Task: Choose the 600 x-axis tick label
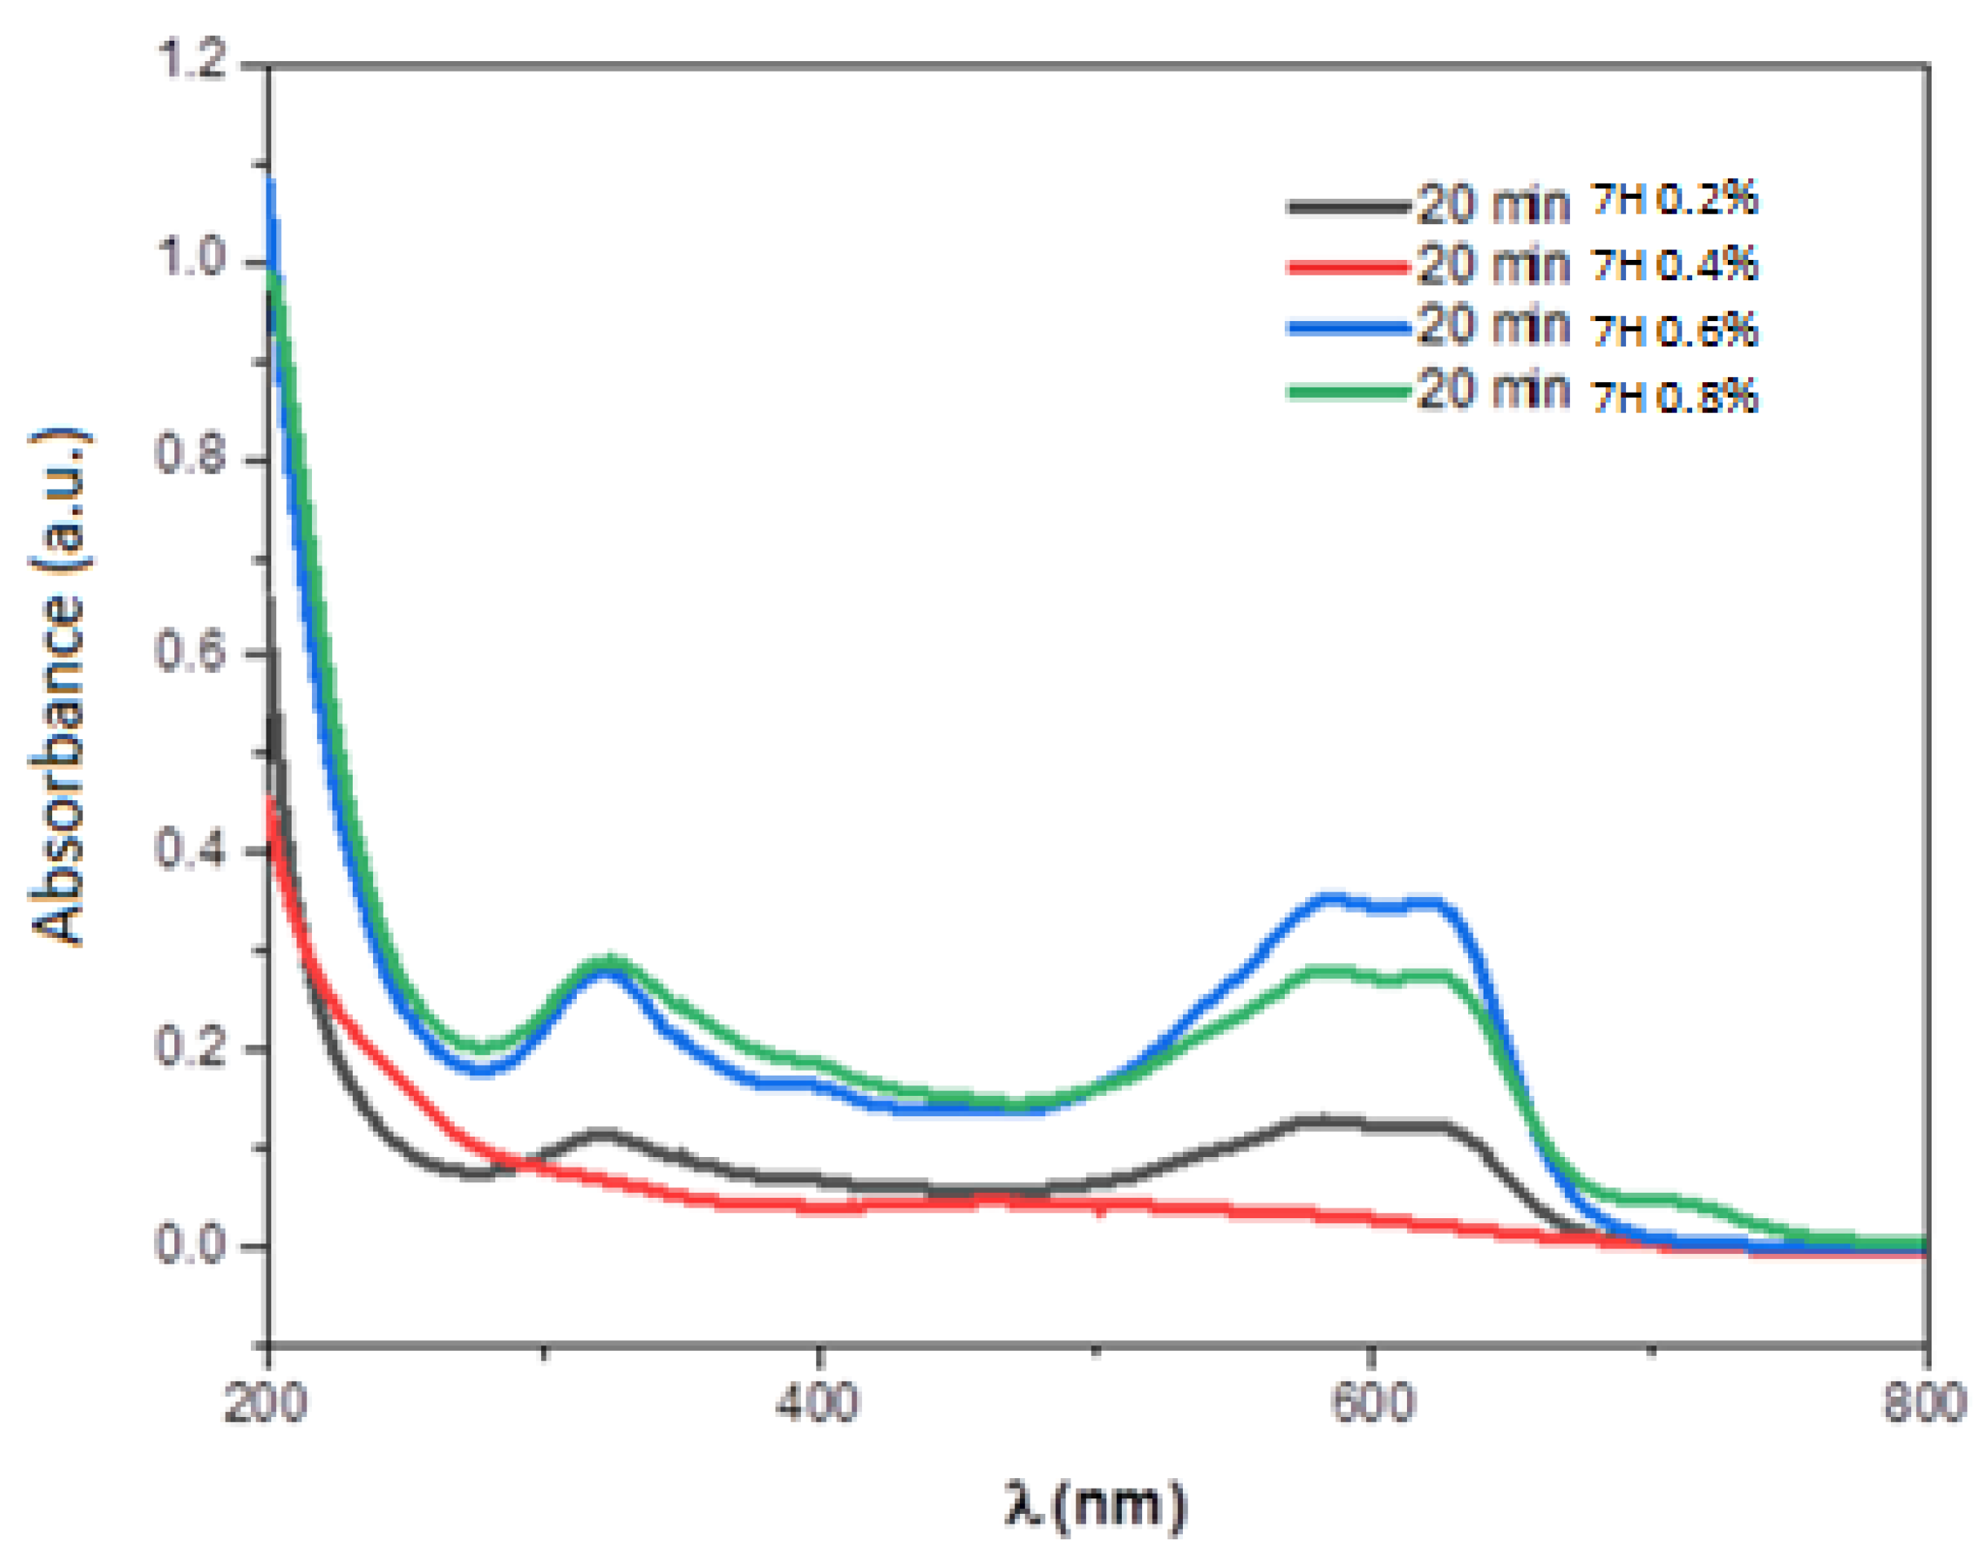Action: click(1373, 1404)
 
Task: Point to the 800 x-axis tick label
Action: click(1925, 1404)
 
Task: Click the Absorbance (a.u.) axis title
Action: click(60, 686)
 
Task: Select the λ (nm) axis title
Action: click(1096, 1504)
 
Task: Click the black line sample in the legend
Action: click(1349, 207)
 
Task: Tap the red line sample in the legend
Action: click(1349, 267)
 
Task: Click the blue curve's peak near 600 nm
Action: click(1330, 898)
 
